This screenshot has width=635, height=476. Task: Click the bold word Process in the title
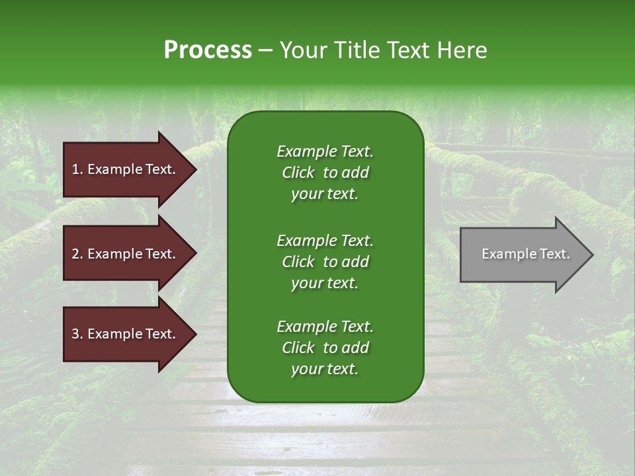(208, 50)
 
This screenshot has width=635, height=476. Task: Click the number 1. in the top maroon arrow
(77, 169)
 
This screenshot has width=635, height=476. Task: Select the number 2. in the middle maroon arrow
(77, 254)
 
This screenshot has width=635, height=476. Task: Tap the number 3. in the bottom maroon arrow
(77, 335)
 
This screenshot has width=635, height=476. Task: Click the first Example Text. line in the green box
(325, 151)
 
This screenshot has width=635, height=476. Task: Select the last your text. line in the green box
(325, 370)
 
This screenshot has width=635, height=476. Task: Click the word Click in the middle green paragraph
(298, 262)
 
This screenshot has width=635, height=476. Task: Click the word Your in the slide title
(303, 50)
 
